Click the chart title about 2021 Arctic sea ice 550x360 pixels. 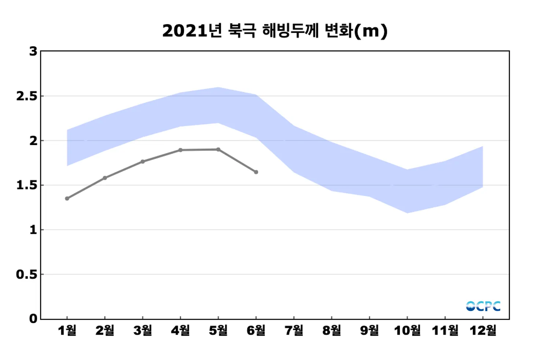(275, 31)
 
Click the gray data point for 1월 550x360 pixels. (67, 199)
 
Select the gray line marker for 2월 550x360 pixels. (105, 178)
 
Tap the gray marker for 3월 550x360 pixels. (143, 161)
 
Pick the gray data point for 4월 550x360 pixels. (180, 150)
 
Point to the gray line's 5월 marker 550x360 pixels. (218, 149)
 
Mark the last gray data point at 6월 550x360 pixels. (256, 172)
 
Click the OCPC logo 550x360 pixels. (483, 306)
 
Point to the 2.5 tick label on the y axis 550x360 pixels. (27, 96)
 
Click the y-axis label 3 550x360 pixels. (33, 51)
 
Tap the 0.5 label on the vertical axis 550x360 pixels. (27, 274)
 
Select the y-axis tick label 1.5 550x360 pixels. (27, 185)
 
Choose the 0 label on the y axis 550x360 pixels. (33, 319)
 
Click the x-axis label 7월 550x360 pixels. (294, 331)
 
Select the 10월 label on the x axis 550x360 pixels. (407, 331)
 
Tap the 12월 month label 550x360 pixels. (483, 331)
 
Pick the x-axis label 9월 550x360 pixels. (370, 331)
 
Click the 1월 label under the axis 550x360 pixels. (67, 331)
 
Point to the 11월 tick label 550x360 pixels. (445, 331)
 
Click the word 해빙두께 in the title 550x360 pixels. (290, 31)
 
